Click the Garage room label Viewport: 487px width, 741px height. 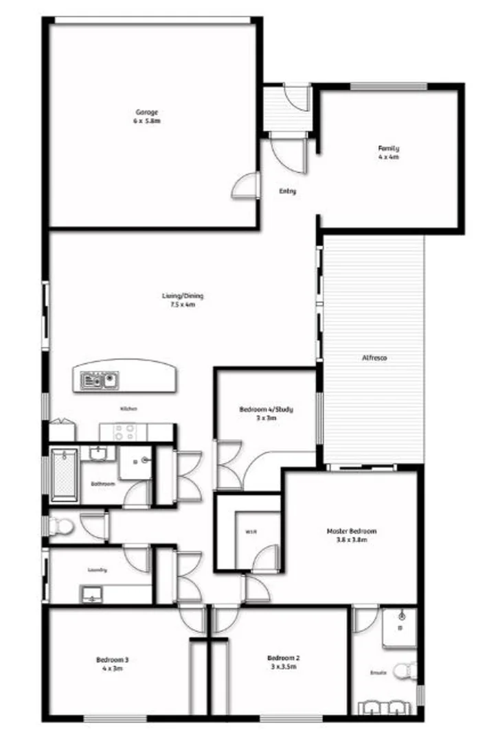pos(147,112)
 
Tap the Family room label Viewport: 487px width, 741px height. pos(388,148)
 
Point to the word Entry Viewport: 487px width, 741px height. pos(287,191)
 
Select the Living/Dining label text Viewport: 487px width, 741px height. pos(183,296)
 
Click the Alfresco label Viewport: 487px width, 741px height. pos(374,358)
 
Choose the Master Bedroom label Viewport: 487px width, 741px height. pos(351,531)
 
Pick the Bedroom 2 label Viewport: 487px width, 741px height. pos(283,658)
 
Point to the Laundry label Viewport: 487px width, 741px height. pos(97,569)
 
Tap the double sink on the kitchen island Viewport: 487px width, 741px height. pos(100,379)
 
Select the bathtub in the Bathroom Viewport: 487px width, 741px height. pos(65,473)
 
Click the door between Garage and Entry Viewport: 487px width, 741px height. pos(245,185)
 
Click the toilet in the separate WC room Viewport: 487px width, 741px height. pos(62,527)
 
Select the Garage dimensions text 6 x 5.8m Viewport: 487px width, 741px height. pos(147,121)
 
